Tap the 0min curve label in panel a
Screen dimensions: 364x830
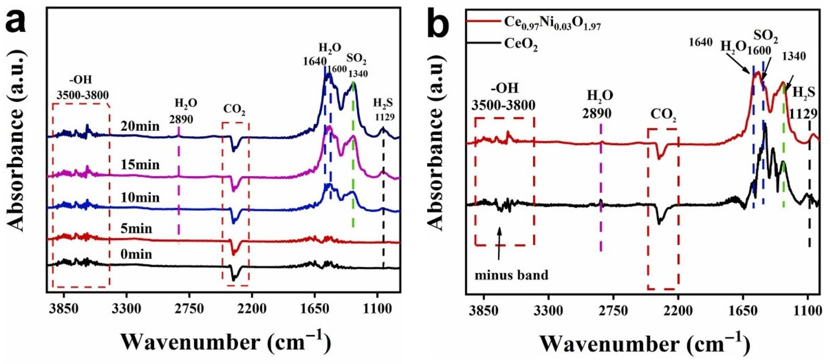tap(136, 254)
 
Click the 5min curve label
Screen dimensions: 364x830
tap(136, 229)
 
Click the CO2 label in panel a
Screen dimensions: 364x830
tap(235, 110)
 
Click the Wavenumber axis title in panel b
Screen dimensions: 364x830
tap(645, 344)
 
